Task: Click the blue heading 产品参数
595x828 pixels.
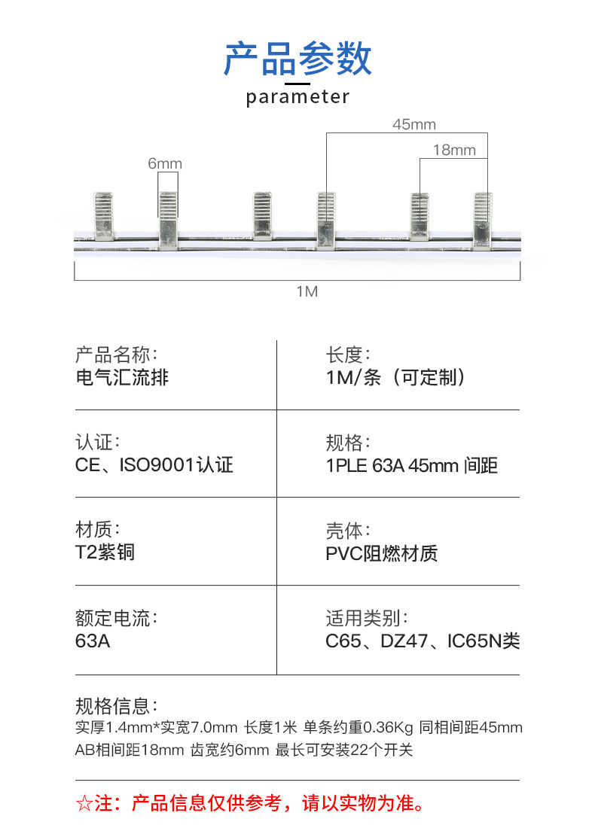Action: (297, 59)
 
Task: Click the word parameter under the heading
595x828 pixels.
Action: (297, 97)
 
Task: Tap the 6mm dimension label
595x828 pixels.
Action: (165, 164)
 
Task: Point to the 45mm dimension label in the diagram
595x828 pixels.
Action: (413, 125)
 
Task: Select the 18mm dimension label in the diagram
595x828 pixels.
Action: (454, 151)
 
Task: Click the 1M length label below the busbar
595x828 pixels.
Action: (307, 291)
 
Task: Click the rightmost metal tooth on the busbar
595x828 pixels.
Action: (483, 219)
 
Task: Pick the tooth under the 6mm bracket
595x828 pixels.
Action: (168, 219)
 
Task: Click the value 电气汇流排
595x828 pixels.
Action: (122, 377)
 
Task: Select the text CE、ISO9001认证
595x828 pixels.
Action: (154, 465)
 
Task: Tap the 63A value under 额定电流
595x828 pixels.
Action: (93, 641)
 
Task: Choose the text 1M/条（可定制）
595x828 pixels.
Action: (396, 377)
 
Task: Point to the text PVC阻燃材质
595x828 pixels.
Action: (381, 554)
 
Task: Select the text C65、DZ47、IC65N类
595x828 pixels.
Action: (423, 641)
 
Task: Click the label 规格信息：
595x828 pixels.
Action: (117, 705)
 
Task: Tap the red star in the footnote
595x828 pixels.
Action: (84, 803)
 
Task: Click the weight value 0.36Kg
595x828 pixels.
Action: (388, 728)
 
